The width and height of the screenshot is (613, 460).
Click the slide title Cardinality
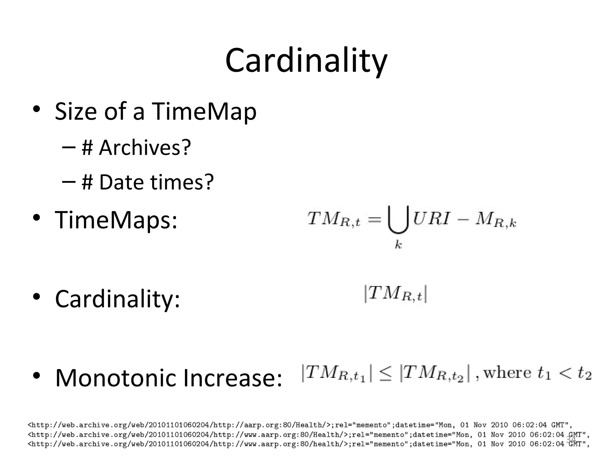(306, 61)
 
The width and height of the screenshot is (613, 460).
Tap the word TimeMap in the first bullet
(204, 111)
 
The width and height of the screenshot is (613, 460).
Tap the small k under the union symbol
(398, 245)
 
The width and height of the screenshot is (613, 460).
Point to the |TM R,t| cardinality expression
(395, 294)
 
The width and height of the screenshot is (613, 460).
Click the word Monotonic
(116, 378)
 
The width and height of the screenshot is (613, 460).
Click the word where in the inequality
(507, 373)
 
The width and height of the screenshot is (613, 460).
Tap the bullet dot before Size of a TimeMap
(37, 109)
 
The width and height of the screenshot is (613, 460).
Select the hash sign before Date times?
(87, 182)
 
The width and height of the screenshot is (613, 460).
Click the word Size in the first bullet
(76, 111)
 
